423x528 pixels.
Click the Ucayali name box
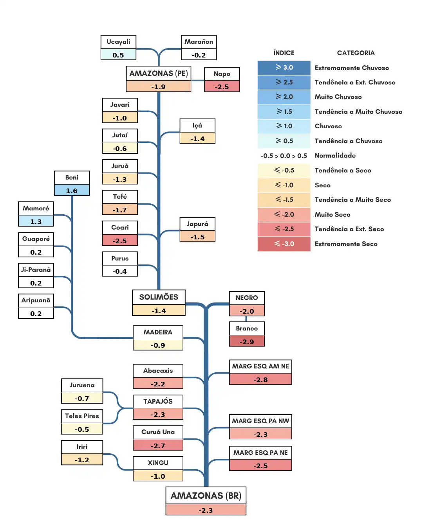point(118,42)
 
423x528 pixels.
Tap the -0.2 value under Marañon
point(199,55)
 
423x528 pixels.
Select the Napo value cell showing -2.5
point(222,86)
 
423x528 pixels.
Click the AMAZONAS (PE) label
point(159,74)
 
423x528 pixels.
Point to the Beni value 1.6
point(72,190)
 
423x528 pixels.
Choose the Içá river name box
point(197,126)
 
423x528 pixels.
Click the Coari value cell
point(120,241)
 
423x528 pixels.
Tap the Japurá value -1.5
point(197,237)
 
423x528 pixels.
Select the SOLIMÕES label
point(159,297)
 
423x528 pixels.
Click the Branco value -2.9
point(247,341)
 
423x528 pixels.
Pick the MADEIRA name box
point(158,332)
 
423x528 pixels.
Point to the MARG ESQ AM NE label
point(260,366)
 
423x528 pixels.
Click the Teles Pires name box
point(82,416)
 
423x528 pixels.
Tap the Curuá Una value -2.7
point(158,445)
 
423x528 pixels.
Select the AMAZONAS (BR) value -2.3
point(206,510)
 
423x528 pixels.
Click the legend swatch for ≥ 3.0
point(284,68)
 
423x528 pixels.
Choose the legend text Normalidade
point(335,155)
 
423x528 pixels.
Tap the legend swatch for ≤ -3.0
point(284,244)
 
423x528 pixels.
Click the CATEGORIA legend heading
point(356,53)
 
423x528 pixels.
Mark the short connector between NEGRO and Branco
point(246,319)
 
